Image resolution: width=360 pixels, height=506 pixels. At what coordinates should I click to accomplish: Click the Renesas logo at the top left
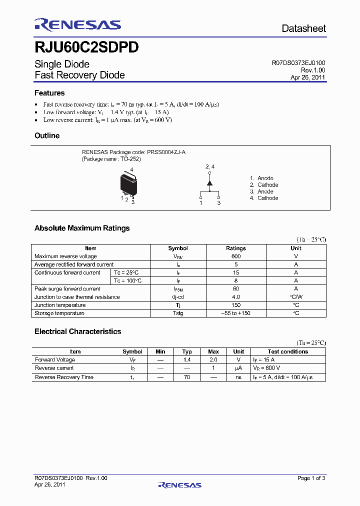(77, 24)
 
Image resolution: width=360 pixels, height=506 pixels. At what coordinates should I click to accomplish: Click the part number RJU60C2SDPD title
(86, 47)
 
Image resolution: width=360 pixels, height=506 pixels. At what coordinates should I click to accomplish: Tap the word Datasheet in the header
(303, 28)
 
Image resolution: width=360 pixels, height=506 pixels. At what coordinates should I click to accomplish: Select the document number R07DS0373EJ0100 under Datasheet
(298, 63)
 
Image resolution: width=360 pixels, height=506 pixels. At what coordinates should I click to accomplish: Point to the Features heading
(49, 93)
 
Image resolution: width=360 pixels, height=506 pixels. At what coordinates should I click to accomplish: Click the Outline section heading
(47, 135)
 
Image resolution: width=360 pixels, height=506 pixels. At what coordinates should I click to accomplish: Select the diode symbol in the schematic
(209, 183)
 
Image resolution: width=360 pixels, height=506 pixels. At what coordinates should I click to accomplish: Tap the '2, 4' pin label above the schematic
(210, 166)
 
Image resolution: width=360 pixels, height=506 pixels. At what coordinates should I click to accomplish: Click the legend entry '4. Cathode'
(264, 198)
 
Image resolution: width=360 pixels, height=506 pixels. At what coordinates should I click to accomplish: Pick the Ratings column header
(236, 248)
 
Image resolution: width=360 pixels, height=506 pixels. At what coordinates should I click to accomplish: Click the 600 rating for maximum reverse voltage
(236, 256)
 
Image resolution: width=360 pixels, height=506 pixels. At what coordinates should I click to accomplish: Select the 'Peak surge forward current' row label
(67, 289)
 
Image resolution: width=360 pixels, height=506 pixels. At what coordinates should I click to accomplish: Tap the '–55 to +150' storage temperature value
(236, 313)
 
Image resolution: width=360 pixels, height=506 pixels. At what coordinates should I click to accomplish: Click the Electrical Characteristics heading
(77, 331)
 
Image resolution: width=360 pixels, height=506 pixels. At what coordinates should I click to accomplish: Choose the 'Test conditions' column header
(288, 351)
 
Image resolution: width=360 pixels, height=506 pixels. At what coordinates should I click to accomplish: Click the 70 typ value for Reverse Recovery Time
(187, 377)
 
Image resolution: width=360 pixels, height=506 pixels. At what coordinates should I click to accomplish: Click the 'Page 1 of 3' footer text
(311, 478)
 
